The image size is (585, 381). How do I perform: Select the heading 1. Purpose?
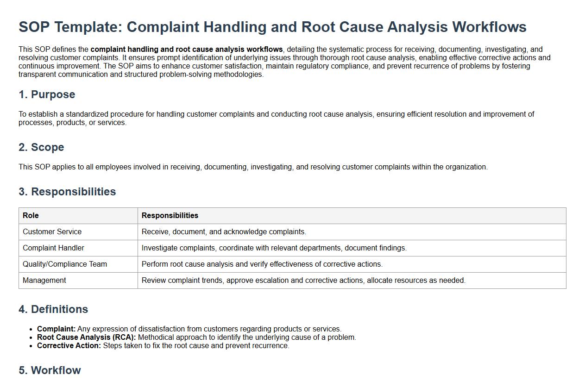pyautogui.click(x=47, y=94)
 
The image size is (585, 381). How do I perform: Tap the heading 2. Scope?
pyautogui.click(x=41, y=147)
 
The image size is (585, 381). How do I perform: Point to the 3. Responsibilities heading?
pyautogui.click(x=67, y=192)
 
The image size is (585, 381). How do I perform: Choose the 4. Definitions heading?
pyautogui.click(x=53, y=309)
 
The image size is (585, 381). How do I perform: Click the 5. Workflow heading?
pyautogui.click(x=50, y=370)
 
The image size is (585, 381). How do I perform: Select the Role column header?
pyautogui.click(x=31, y=216)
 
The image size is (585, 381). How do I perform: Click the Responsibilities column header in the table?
pyautogui.click(x=170, y=216)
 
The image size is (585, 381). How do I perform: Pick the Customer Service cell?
pyautogui.click(x=52, y=232)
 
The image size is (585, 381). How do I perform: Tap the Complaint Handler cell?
pyautogui.click(x=53, y=248)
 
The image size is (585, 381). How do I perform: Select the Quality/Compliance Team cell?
pyautogui.click(x=64, y=264)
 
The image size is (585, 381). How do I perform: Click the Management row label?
pyautogui.click(x=44, y=281)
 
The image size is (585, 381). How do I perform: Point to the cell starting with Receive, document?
pyautogui.click(x=224, y=232)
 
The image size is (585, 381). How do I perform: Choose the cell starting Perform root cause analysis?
pyautogui.click(x=262, y=264)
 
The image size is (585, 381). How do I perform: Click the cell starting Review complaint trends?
pyautogui.click(x=303, y=281)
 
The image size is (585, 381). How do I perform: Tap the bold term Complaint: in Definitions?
pyautogui.click(x=56, y=329)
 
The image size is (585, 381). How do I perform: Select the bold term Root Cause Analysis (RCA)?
pyautogui.click(x=86, y=337)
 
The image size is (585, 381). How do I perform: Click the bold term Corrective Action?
pyautogui.click(x=69, y=346)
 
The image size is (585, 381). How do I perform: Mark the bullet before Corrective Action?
pyautogui.click(x=31, y=346)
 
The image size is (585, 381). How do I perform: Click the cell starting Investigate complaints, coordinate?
pyautogui.click(x=274, y=248)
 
